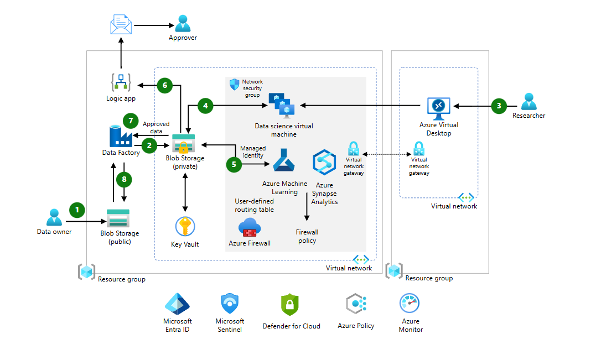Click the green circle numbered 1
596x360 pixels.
click(x=77, y=210)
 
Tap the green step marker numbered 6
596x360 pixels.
click(x=164, y=85)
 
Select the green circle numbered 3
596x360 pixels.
click(x=499, y=106)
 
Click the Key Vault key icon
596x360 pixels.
click(x=185, y=227)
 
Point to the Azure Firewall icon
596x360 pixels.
click(x=250, y=227)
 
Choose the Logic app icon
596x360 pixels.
click(x=121, y=82)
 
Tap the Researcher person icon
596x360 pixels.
click(x=528, y=102)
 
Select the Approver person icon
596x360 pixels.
click(x=183, y=23)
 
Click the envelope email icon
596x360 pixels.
click(x=120, y=25)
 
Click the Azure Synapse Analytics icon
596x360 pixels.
click(x=324, y=161)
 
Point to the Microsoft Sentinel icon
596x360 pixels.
click(x=230, y=304)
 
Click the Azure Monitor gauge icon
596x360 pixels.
click(x=410, y=304)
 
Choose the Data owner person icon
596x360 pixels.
click(x=54, y=217)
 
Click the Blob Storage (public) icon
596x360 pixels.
click(x=118, y=218)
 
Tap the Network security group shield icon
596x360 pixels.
click(x=234, y=84)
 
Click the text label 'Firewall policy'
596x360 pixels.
click(x=307, y=237)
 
